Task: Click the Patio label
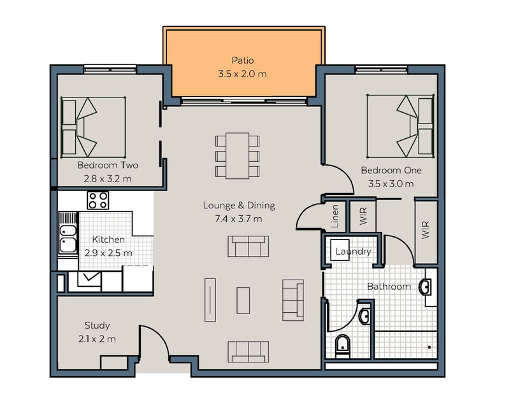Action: coord(243,61)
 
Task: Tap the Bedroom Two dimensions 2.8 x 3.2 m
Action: coord(108,178)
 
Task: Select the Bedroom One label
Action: coord(391,170)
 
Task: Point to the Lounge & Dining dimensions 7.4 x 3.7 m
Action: coord(238,218)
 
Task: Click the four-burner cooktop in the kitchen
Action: coord(97,201)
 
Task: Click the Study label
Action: coord(97,325)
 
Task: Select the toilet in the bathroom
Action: coord(343,346)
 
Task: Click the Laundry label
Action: coord(353,252)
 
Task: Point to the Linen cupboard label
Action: coord(335,216)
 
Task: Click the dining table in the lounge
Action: coord(238,155)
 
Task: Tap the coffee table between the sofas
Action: coord(243,301)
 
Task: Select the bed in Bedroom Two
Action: coord(93,127)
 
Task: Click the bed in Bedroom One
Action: coord(401,126)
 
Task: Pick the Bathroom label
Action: coord(389,287)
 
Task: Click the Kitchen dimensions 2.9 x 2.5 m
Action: coord(108,253)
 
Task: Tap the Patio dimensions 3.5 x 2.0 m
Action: coord(243,74)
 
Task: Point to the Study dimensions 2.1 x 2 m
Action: coord(97,339)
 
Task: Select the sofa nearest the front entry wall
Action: coord(248,352)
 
